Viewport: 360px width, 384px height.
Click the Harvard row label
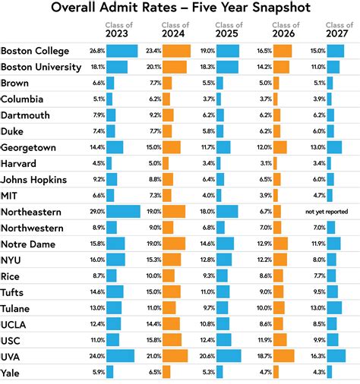point(22,162)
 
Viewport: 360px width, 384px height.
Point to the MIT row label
point(12,195)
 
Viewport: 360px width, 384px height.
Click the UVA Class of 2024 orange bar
point(175,356)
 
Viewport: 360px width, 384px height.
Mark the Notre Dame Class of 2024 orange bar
point(174,244)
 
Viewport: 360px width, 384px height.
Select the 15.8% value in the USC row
point(152,340)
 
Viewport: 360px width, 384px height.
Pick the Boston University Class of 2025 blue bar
point(227,67)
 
